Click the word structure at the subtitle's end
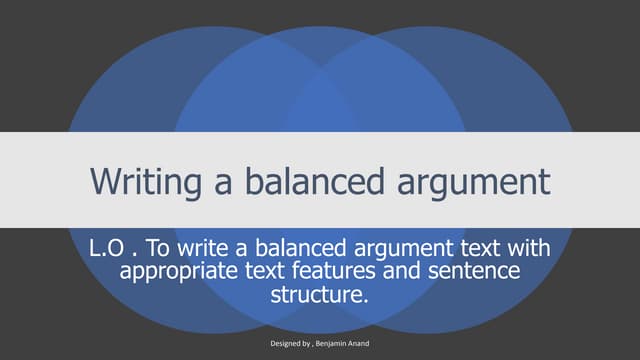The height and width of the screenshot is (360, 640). [319, 296]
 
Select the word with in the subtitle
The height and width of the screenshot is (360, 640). [534, 249]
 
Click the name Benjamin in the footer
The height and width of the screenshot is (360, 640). [336, 343]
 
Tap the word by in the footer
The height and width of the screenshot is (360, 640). [310, 343]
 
